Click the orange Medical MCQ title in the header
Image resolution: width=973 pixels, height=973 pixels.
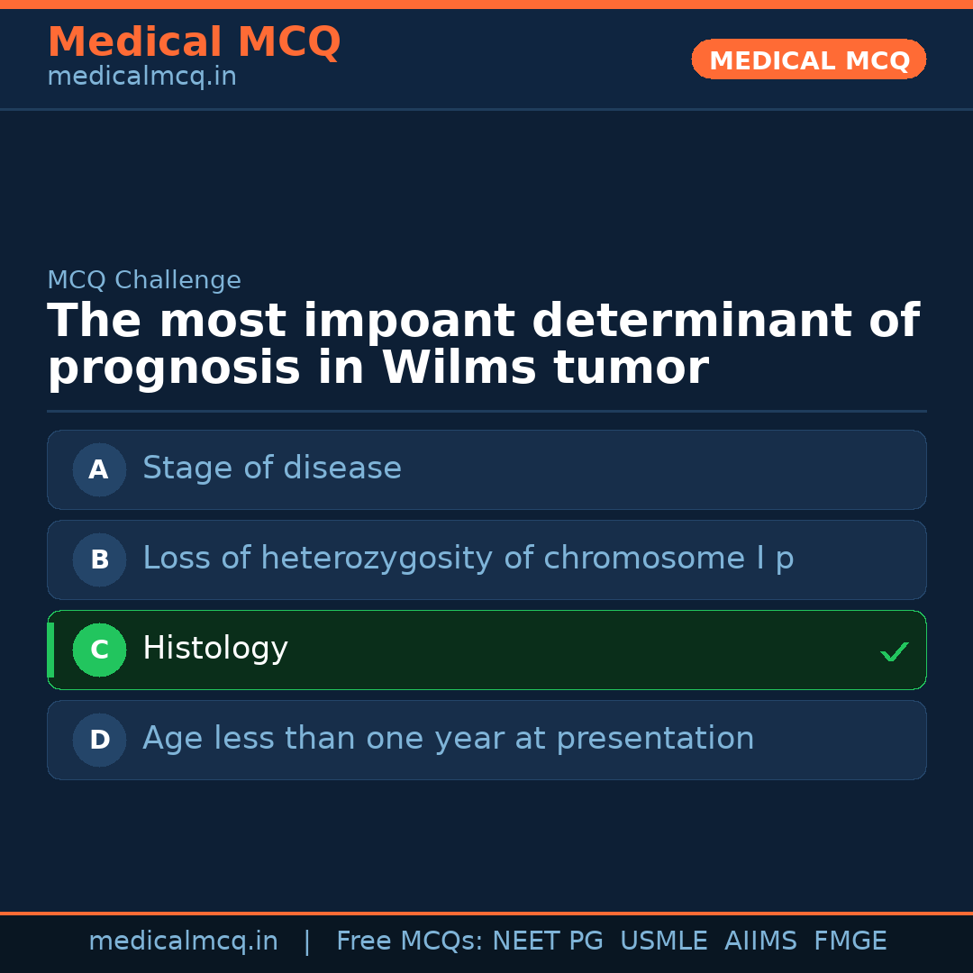tap(194, 42)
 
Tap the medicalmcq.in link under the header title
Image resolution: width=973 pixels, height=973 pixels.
tap(141, 77)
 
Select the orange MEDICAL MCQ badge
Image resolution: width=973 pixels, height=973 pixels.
tap(809, 60)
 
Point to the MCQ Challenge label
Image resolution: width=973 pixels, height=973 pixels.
tap(144, 280)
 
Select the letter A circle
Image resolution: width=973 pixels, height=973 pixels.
tap(99, 469)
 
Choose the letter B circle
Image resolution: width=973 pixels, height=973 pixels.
tap(99, 559)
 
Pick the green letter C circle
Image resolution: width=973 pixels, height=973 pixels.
tap(99, 650)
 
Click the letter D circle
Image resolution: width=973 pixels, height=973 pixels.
tap(99, 740)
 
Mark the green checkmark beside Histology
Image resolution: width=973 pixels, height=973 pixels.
tap(894, 651)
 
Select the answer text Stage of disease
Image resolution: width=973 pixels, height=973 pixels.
tap(272, 468)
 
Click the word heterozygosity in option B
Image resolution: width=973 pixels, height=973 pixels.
tap(377, 559)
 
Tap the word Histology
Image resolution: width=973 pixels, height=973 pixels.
tap(215, 649)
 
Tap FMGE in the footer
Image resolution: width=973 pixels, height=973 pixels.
tap(850, 941)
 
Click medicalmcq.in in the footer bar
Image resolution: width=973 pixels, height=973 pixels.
tap(183, 941)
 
